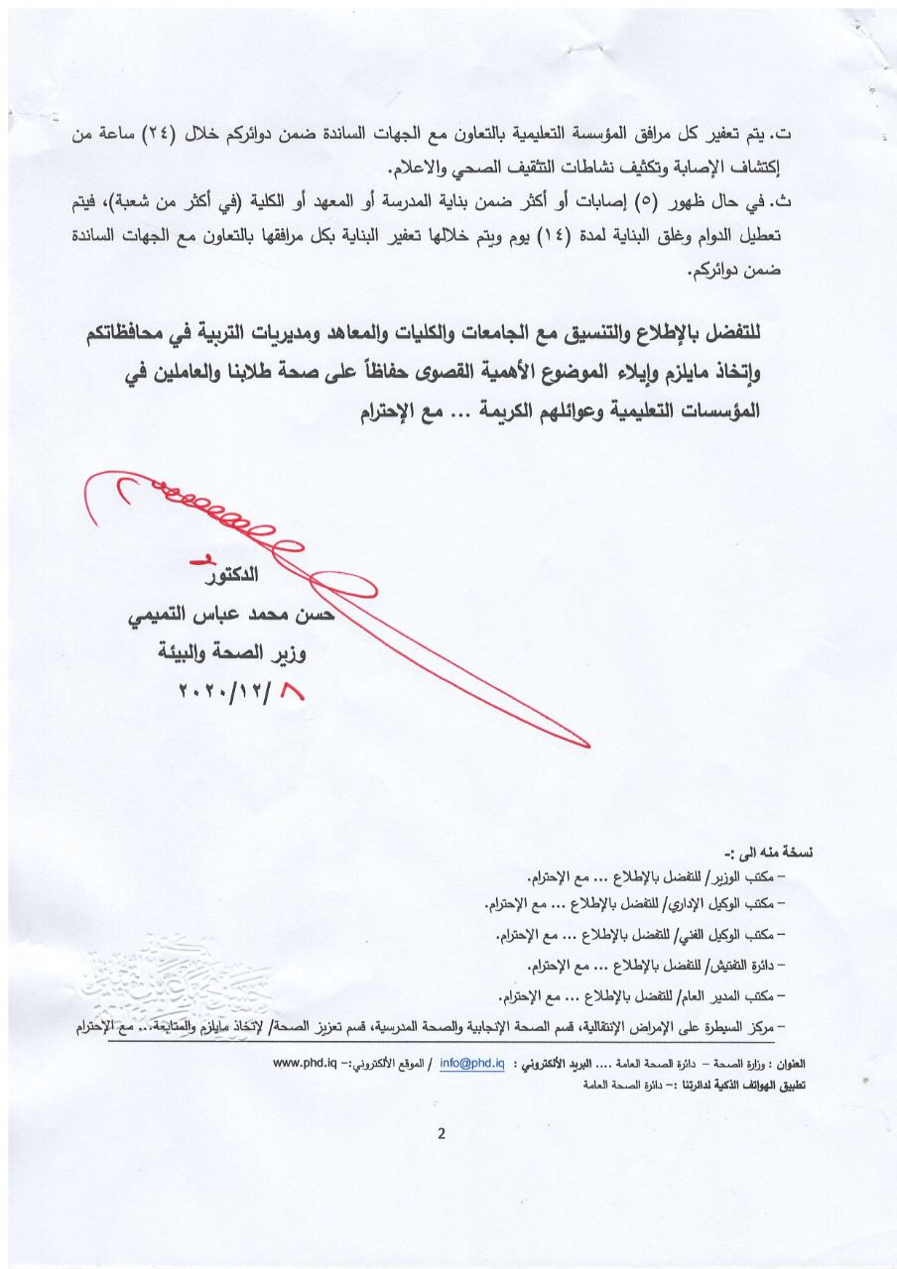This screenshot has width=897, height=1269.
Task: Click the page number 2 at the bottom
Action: tap(441, 1134)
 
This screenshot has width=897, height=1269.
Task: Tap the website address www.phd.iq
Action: tap(304, 1063)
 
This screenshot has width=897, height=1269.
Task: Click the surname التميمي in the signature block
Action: tap(161, 617)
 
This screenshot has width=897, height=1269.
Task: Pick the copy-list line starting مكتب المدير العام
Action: tap(639, 994)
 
